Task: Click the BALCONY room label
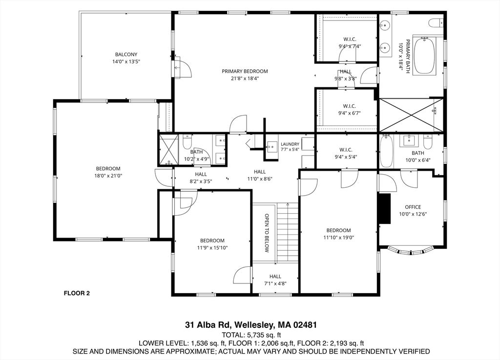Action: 126,55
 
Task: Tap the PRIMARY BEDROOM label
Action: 245,71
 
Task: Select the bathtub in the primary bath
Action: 424,56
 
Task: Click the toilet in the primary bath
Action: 436,22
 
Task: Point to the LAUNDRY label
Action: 290,144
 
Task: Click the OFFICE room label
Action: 413,207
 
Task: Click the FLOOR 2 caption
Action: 77,293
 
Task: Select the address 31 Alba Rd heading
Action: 251,325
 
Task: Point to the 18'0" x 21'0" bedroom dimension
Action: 108,176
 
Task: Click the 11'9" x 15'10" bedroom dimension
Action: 212,247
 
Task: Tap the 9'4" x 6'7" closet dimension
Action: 350,113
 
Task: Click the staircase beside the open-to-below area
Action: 287,233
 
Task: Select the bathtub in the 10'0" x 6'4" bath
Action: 386,151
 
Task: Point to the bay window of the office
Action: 411,252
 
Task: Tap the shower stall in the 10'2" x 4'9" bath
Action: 168,150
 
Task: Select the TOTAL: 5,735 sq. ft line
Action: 251,335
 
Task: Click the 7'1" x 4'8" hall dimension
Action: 275,283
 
